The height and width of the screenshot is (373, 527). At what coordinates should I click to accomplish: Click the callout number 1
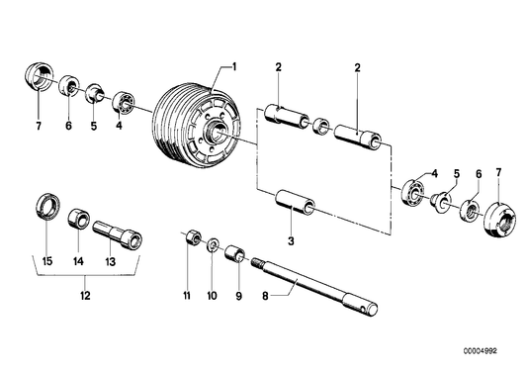pyautogui.click(x=234, y=66)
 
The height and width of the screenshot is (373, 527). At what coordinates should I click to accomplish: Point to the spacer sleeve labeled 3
pyautogui.click(x=294, y=204)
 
